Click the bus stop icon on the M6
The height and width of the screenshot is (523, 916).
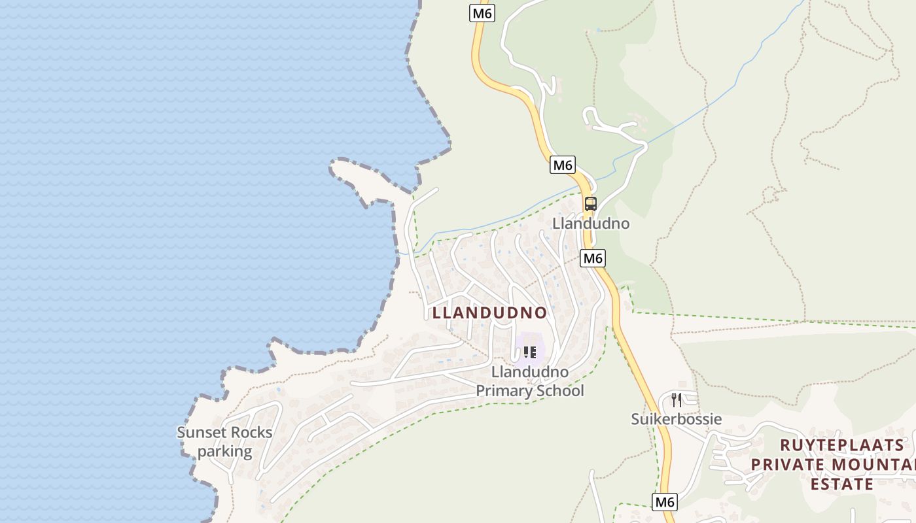pos(591,203)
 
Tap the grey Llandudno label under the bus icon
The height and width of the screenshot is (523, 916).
pos(591,224)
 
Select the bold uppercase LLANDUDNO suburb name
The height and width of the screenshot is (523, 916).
pos(489,312)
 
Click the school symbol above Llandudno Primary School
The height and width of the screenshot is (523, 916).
pos(529,352)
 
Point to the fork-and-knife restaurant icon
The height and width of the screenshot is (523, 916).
pos(677,399)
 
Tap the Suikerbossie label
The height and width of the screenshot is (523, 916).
pos(676,419)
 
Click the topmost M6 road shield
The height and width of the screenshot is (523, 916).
pos(482,13)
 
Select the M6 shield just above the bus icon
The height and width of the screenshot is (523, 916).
pos(563,165)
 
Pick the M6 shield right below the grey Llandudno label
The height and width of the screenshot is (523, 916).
pos(593,258)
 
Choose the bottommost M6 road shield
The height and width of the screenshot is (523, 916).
pos(665,502)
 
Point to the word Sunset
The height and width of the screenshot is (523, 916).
pos(201,432)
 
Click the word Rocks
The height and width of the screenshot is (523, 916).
pos(251,432)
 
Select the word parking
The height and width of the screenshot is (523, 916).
pos(224,451)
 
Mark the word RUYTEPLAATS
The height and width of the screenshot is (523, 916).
pos(842,446)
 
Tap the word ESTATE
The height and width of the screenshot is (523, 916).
pos(842,484)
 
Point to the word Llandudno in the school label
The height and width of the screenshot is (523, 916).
pos(530,372)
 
